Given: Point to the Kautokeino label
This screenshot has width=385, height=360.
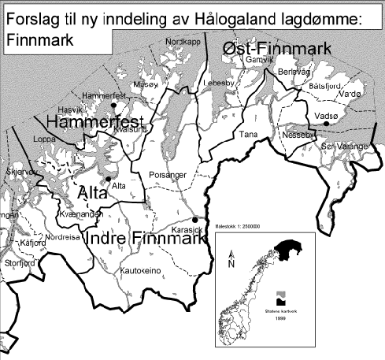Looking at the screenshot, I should [x=140, y=269].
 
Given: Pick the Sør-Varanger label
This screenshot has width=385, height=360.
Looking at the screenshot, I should [x=344, y=147].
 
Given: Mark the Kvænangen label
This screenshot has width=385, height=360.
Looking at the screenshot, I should [x=77, y=214].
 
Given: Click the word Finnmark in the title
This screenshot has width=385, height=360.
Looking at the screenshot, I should [x=38, y=37].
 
